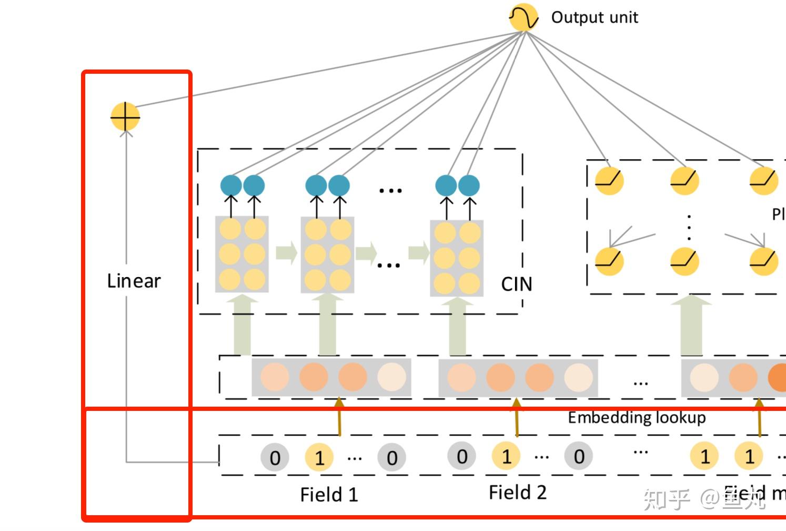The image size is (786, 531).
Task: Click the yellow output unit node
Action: coord(523,17)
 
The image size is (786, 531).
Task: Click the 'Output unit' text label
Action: coord(594,17)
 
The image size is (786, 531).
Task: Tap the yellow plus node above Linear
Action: coord(125,116)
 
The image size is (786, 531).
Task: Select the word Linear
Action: coord(134,281)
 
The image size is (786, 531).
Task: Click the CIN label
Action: coord(517,284)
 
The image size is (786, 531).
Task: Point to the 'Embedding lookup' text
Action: coord(637,418)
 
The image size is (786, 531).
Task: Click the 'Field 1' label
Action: coord(329,495)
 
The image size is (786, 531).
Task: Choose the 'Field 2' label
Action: coord(518,493)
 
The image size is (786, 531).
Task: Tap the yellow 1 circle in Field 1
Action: coord(319,457)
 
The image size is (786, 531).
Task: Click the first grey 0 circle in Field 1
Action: coord(275,457)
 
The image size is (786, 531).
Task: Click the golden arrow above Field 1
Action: coord(339,416)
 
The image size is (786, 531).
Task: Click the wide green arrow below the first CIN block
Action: coord(243,327)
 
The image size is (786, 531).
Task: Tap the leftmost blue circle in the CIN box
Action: coord(231,185)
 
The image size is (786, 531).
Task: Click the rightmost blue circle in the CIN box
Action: coord(469,185)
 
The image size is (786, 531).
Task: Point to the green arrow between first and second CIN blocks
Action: coord(286,253)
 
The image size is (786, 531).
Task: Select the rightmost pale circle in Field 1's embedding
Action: coord(391,377)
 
